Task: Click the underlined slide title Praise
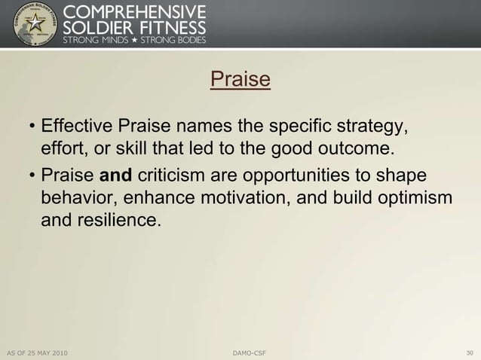(x=240, y=79)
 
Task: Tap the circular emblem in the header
(x=35, y=24)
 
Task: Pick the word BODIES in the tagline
(x=187, y=39)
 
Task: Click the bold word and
(x=116, y=175)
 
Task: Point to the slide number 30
(x=470, y=352)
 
